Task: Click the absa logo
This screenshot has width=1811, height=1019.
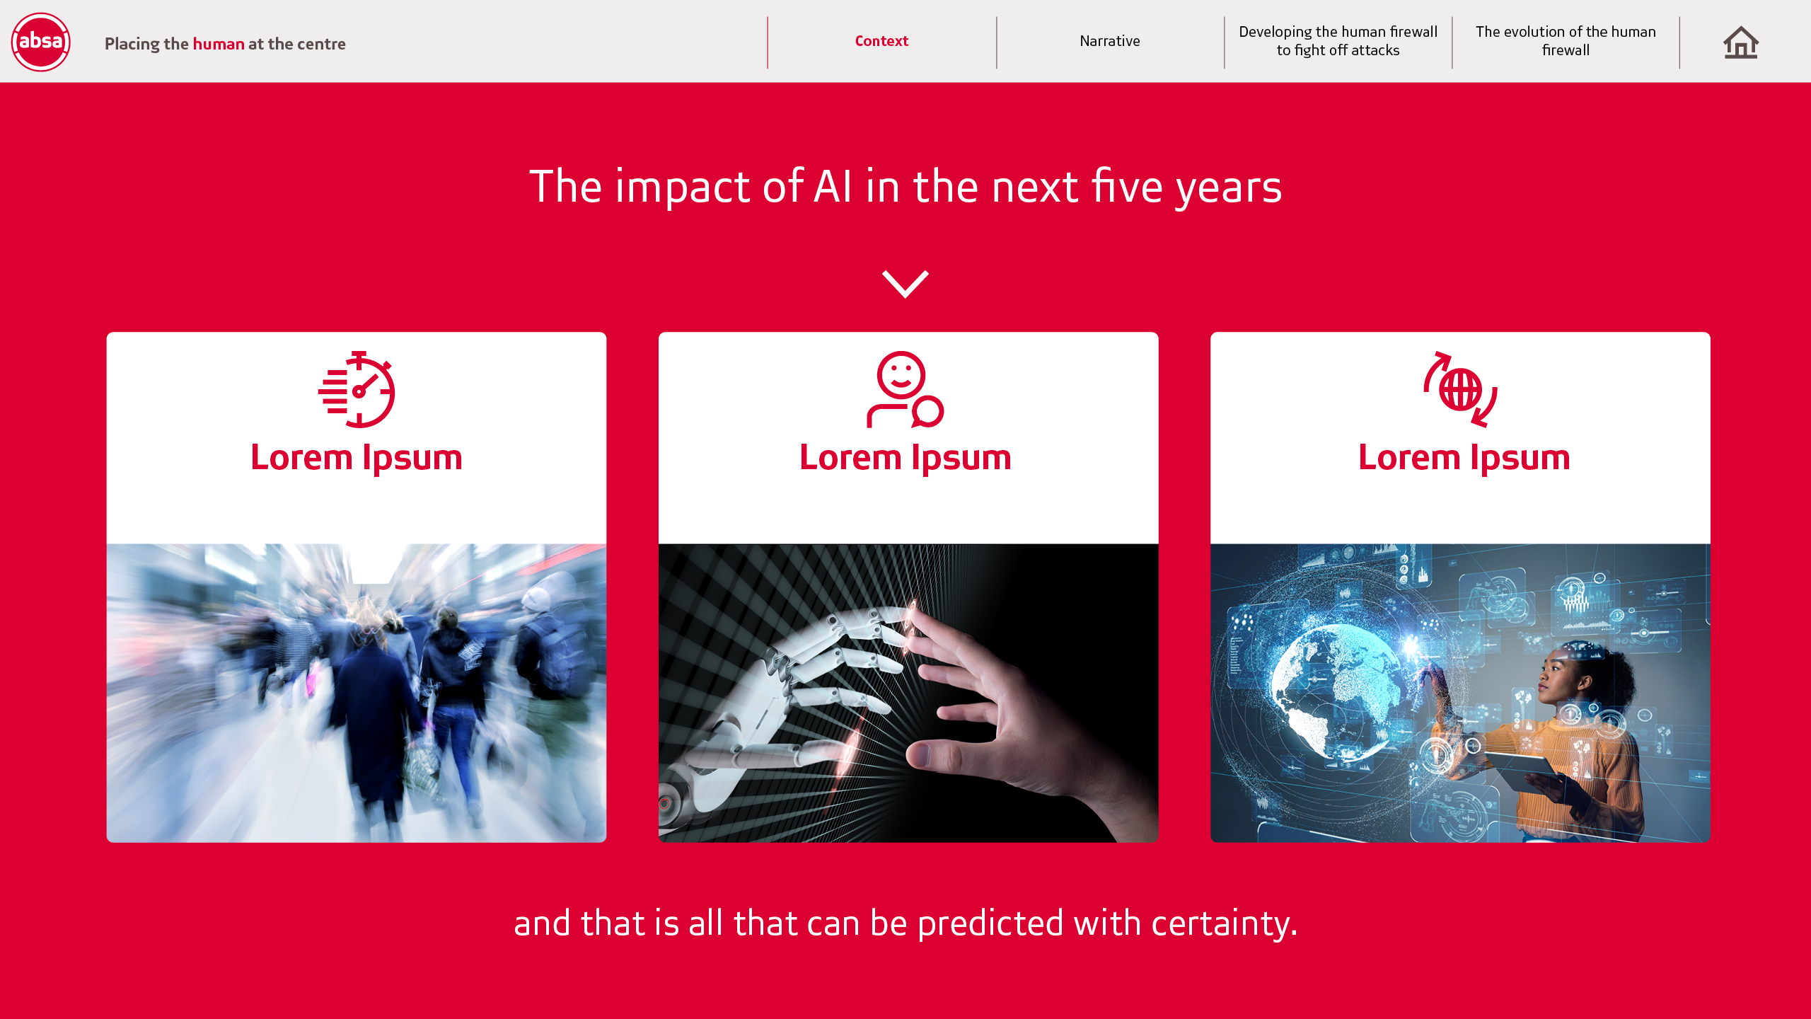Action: (x=41, y=42)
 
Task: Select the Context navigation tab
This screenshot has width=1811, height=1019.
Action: (x=881, y=41)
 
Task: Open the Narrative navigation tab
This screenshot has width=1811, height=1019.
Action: (x=1109, y=41)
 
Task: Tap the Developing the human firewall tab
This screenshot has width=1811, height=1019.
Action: (x=1338, y=41)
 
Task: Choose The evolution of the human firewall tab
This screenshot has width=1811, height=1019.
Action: (x=1566, y=41)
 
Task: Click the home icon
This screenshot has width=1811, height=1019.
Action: (x=1741, y=42)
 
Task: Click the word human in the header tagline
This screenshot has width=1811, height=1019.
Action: (x=219, y=44)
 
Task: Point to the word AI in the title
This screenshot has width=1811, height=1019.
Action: (x=833, y=187)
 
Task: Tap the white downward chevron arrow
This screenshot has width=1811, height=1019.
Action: (x=905, y=284)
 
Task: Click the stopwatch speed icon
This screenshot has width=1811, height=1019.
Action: (x=357, y=389)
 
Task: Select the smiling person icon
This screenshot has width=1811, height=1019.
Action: (x=905, y=389)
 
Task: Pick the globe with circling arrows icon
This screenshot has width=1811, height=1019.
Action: (x=1460, y=389)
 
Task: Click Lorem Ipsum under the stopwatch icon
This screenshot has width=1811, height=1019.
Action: (x=357, y=458)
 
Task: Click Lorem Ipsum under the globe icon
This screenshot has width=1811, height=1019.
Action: (x=1464, y=458)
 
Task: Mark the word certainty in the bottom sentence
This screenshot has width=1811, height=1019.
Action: (x=1224, y=924)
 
